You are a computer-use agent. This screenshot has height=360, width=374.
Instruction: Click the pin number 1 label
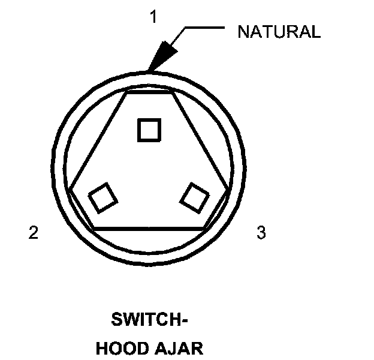pyautogui.click(x=153, y=17)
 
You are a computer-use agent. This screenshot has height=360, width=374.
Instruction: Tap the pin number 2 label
pyautogui.click(x=34, y=233)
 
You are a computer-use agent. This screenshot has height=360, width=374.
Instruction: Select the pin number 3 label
pyautogui.click(x=261, y=233)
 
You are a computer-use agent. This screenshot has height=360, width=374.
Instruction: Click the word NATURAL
pyautogui.click(x=279, y=32)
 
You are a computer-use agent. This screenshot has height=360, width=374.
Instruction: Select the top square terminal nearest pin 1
pyautogui.click(x=149, y=129)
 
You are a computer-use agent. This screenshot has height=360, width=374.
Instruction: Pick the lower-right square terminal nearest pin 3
pyautogui.click(x=196, y=197)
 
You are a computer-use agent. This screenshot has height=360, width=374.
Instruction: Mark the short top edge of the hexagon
pyautogui.click(x=149, y=93)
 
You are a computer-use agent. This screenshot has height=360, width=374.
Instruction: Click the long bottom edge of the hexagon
pyautogui.click(x=149, y=229)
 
